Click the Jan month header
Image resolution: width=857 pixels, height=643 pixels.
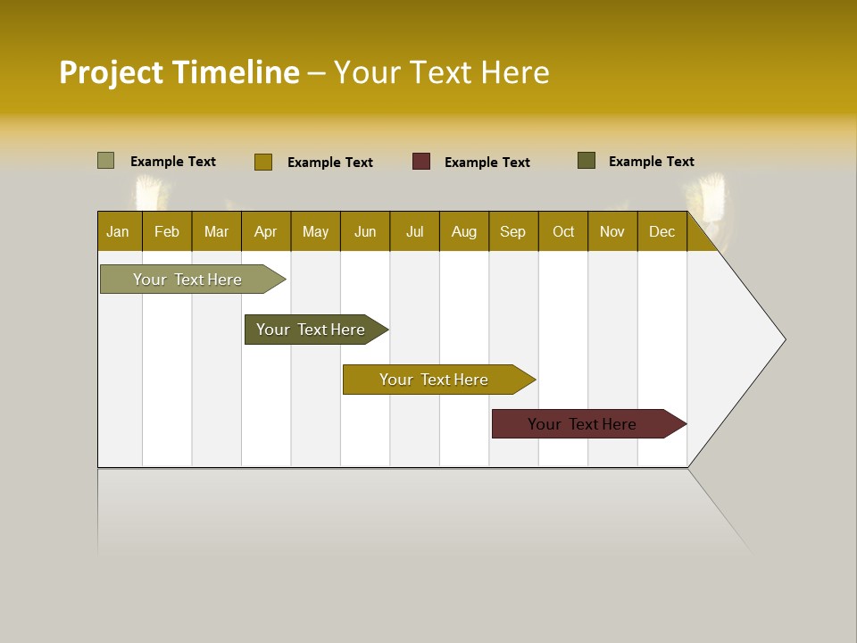119,231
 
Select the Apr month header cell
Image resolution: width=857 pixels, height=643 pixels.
266,231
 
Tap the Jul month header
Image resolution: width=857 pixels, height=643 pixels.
414,231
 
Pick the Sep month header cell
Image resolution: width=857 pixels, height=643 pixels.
512,231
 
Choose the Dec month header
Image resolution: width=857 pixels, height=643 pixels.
661,231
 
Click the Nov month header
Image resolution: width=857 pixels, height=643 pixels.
612,231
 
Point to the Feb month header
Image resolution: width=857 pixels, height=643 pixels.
167,231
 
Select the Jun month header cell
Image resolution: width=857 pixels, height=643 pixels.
365,231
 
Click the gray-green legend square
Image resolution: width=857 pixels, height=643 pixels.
106,161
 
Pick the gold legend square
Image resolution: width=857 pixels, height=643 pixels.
263,162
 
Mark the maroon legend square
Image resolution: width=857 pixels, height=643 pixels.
421,162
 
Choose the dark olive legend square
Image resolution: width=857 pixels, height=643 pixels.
587,161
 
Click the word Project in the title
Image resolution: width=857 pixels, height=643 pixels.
112,72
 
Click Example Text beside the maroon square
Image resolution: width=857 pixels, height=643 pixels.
487,163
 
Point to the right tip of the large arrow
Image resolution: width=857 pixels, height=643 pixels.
784,338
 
